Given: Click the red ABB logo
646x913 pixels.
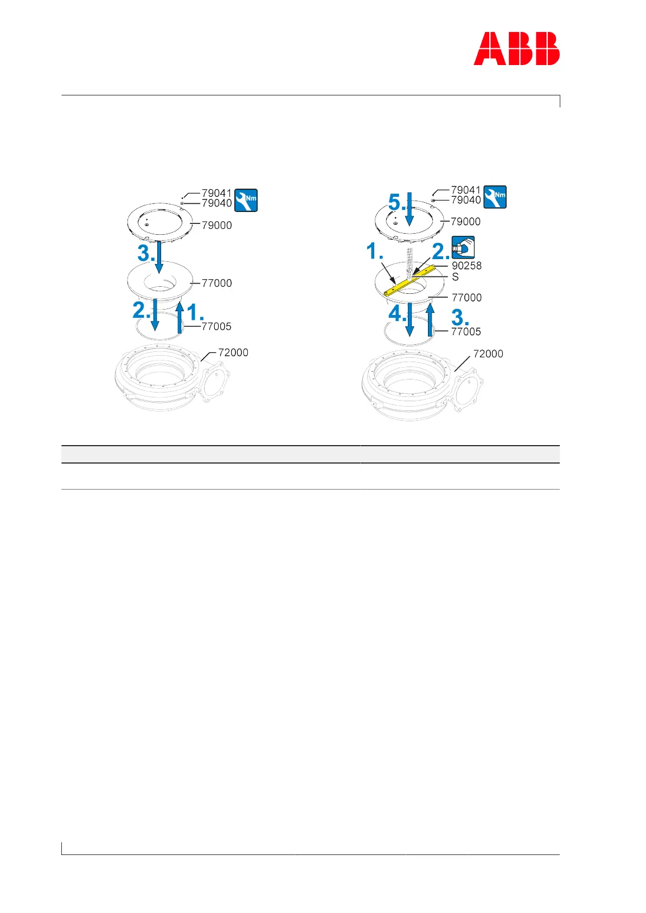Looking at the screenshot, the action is pos(516,49).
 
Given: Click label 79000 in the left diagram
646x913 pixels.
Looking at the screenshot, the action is pos(216,225).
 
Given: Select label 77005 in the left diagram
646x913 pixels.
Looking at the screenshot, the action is pos(216,326).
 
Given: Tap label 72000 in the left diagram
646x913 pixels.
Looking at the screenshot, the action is pos(233,352).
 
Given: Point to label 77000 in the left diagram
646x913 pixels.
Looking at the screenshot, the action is pos(216,283).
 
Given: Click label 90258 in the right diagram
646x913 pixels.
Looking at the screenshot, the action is pos(466,266).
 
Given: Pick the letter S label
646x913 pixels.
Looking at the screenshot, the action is pos(455,277).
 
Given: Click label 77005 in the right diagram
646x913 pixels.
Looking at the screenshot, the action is pos(466,331).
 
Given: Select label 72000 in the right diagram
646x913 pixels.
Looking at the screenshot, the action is pos(488,353).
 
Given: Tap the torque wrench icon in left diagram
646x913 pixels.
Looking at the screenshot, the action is pos(246,200).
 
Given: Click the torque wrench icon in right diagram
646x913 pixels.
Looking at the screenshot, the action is pos(495,197).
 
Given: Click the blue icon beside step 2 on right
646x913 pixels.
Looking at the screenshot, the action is pos(463,248).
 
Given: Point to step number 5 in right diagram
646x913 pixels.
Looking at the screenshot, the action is pos(396,203).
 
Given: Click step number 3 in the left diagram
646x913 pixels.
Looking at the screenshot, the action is pos(144,253).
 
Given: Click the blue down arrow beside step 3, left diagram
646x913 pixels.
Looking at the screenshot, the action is pos(158,258).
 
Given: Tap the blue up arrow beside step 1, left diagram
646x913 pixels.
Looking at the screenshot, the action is pos(180,317).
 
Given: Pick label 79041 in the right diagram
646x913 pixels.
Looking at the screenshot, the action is pos(465,190).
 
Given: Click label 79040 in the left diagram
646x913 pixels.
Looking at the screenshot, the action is pos(216,203).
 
